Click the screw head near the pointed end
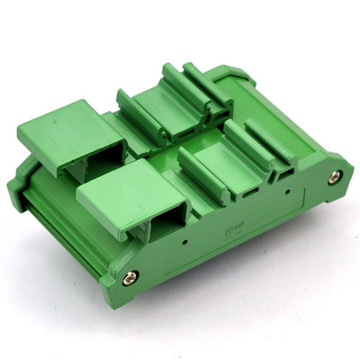point(335,176)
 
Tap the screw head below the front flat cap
point(131,278)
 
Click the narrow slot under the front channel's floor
point(250,192)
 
